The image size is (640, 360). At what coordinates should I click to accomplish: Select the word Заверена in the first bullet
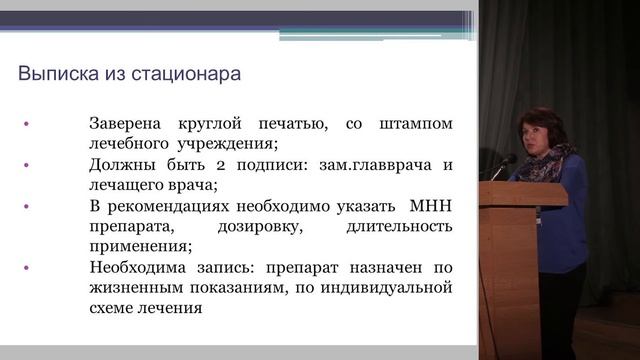[x=128, y=124]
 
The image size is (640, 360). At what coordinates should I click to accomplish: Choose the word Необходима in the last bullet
[x=139, y=267]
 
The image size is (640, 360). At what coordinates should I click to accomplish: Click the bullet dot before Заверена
[x=27, y=125]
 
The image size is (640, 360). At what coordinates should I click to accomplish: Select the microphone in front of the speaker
[x=506, y=161]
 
